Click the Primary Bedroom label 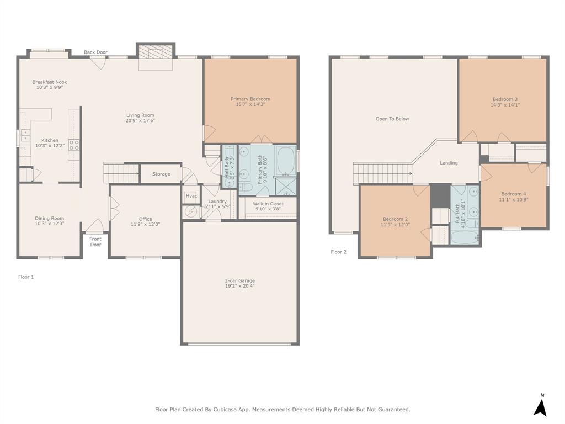250,99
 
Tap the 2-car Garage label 239,280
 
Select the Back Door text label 95,52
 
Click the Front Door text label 95,242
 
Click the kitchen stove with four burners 73,145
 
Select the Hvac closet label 191,196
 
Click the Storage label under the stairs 161,174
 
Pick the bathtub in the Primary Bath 285,160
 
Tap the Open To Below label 392,119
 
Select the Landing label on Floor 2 449,163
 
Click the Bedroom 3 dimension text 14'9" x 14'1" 505,105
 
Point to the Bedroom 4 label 513,194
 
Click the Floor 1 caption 26,277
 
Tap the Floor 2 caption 339,252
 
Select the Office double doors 114,209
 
